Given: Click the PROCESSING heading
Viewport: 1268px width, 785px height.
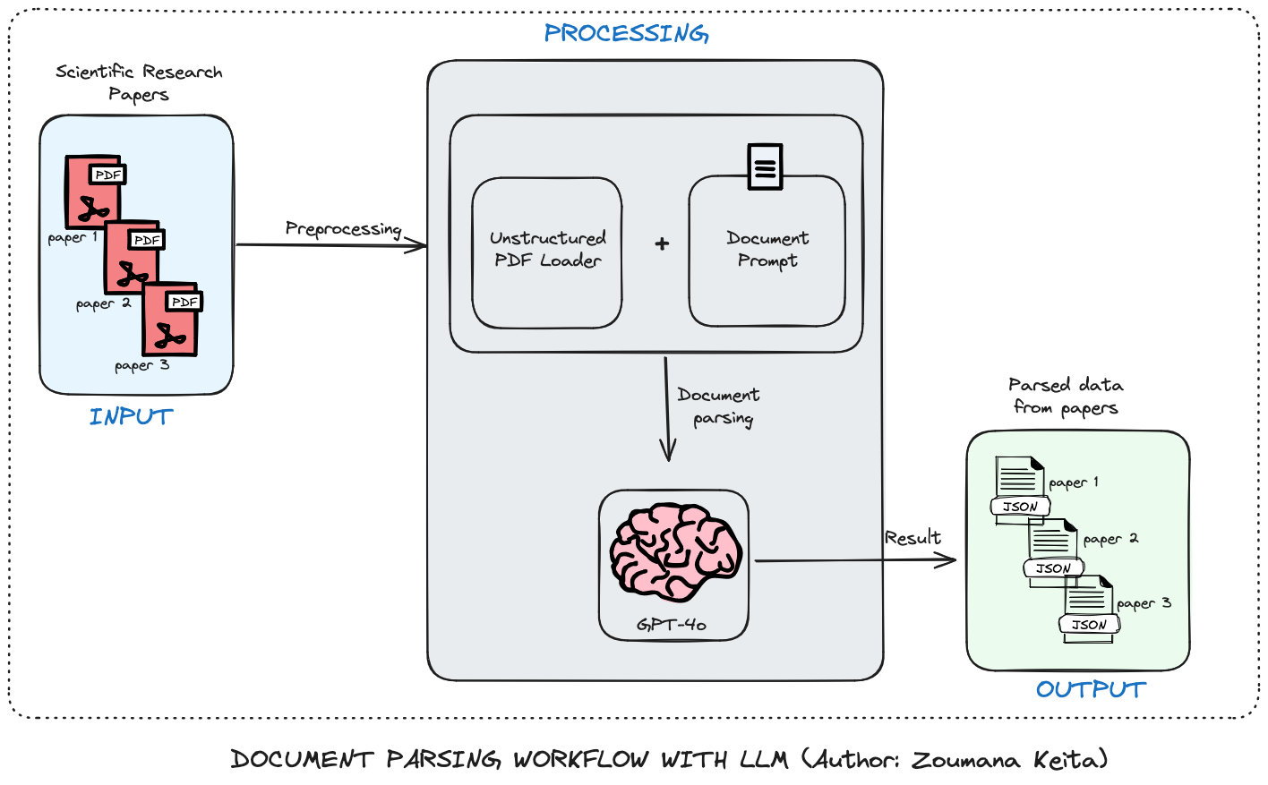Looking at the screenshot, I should tap(626, 34).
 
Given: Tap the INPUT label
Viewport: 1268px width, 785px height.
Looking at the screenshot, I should tap(131, 417).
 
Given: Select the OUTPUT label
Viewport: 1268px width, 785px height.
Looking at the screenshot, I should tap(1091, 689).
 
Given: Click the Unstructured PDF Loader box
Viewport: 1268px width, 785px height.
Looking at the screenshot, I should tap(547, 252).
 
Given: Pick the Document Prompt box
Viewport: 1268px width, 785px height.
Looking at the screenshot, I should tap(767, 251).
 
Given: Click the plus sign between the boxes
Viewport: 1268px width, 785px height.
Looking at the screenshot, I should tap(662, 243).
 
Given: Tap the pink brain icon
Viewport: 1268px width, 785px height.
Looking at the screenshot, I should tap(676, 551).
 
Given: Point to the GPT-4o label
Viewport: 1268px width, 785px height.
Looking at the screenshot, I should tap(672, 624).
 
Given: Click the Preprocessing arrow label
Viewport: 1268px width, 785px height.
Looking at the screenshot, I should tap(343, 229).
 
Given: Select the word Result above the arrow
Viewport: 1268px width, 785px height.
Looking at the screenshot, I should tap(912, 538).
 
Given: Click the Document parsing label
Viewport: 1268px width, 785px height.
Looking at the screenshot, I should tap(719, 406).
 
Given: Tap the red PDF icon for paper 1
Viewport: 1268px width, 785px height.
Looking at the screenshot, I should tap(92, 192).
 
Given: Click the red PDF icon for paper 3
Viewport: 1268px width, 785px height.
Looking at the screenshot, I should tap(170, 320).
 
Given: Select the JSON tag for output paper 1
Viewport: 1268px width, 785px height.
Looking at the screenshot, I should tap(1020, 507).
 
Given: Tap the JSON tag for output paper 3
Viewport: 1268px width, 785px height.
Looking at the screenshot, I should tap(1089, 625).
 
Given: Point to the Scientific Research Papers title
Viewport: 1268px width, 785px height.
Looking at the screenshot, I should tap(139, 82).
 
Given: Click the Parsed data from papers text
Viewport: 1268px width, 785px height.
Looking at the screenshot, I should tap(1066, 396).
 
